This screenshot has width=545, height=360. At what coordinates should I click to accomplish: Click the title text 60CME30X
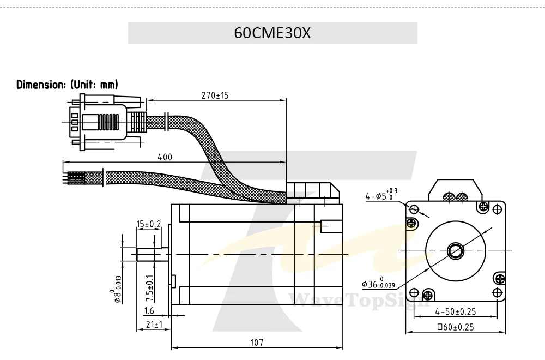click(x=272, y=33)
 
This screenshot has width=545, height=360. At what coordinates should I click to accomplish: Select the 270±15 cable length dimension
click(x=215, y=95)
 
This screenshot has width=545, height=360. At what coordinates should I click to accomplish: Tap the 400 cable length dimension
click(x=165, y=157)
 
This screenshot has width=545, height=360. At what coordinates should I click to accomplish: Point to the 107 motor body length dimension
click(x=257, y=343)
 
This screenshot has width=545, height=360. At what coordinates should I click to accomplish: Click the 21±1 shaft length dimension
click(x=154, y=325)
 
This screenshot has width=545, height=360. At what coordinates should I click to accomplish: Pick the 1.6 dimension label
click(x=149, y=310)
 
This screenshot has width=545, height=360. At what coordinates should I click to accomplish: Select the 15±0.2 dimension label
click(x=148, y=224)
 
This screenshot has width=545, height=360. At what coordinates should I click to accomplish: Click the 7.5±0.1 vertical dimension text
click(x=149, y=289)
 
